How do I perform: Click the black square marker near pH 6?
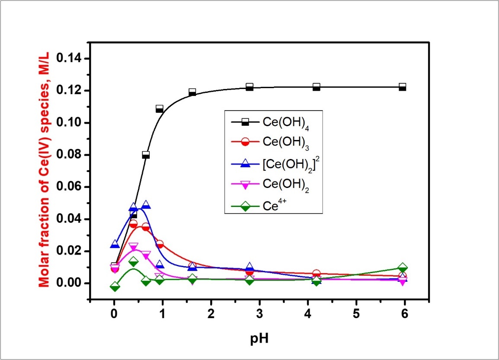pyautogui.click(x=403, y=87)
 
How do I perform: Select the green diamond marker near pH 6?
pyautogui.click(x=403, y=268)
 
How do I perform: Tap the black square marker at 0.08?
pyautogui.click(x=146, y=155)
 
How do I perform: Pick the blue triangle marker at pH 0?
pyautogui.click(x=115, y=245)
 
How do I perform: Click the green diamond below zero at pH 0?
pyautogui.click(x=115, y=287)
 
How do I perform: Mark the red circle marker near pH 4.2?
pyautogui.click(x=317, y=274)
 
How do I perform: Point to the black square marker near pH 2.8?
pyautogui.click(x=249, y=87)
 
